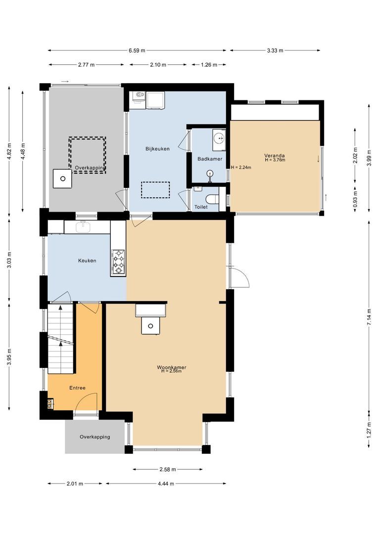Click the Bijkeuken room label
[157, 149]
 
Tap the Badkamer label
[209, 159]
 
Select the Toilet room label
[201, 207]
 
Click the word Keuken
[87, 261]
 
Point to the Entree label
[77, 388]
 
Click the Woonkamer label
[171, 367]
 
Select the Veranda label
[275, 155]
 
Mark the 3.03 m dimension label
[9, 260]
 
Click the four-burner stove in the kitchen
[119, 262]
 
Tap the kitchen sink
[83, 227]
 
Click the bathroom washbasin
[218, 138]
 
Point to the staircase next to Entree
[60, 339]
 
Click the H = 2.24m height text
[241, 167]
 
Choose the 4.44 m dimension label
[165, 484]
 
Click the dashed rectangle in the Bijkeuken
[155, 190]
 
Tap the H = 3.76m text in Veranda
[275, 160]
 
